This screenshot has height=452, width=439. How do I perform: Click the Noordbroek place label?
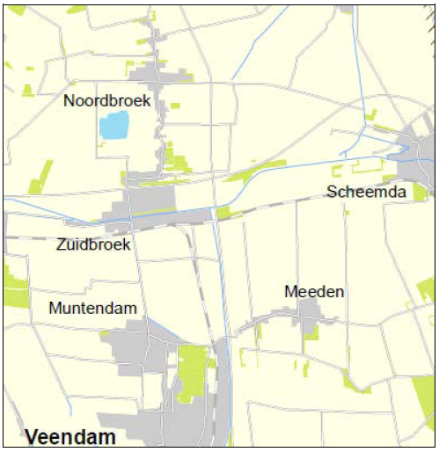coord(106,101)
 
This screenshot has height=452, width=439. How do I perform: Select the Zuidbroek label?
coord(93,244)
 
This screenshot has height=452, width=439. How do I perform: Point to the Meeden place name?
coord(314,291)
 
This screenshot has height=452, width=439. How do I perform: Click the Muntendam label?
coord(92,309)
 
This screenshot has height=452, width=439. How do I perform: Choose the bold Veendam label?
coord(70,437)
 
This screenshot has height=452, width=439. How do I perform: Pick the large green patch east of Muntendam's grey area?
coord(192,369)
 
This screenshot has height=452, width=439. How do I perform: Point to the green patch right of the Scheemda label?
coord(420,192)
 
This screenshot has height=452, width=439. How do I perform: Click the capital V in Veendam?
coord(33,437)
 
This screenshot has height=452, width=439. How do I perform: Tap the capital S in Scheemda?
coord(332,192)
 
